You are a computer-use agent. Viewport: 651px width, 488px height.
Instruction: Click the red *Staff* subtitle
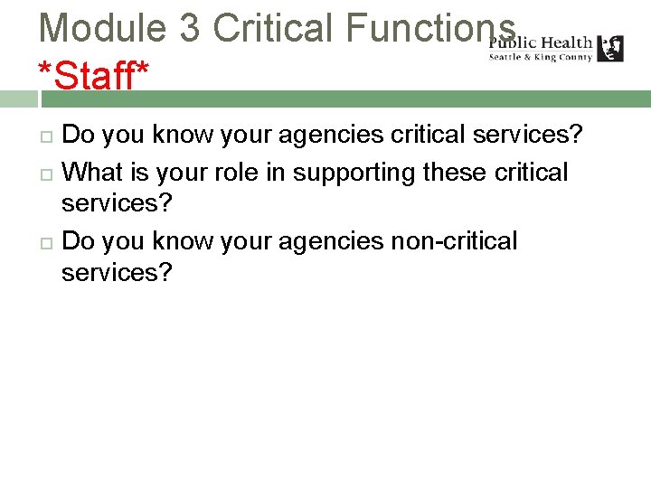click(x=93, y=76)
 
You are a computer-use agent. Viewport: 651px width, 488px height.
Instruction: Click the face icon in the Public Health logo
click(x=610, y=48)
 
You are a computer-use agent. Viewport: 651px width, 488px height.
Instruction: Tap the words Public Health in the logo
click(x=541, y=42)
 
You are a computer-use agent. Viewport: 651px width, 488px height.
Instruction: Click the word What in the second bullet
click(x=94, y=172)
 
